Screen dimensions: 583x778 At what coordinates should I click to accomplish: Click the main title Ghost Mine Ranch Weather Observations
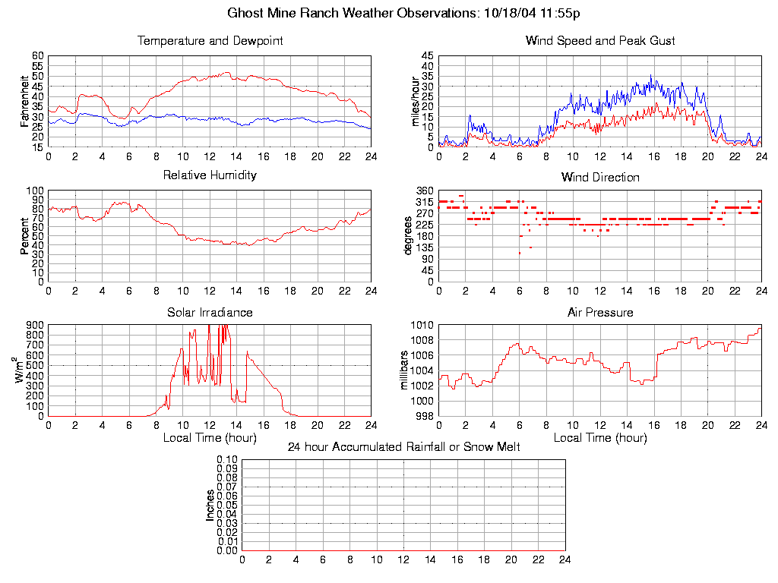tap(404, 13)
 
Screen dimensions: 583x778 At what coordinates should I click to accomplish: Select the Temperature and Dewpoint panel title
tap(210, 41)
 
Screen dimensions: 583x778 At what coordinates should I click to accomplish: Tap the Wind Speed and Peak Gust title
tap(600, 41)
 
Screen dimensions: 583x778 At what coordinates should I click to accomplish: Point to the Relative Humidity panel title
tap(210, 175)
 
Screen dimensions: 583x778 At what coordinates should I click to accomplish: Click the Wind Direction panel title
tap(600, 178)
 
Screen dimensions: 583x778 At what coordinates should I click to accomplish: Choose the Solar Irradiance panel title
tap(210, 313)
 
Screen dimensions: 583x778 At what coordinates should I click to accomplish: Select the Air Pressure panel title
tap(600, 313)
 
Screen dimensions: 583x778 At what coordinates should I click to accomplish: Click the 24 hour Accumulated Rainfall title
tap(403, 447)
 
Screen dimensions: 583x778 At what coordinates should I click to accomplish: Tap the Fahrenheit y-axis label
tap(25, 100)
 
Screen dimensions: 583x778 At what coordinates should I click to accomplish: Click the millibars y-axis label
tap(405, 370)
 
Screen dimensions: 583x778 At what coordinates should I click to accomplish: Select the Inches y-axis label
tap(210, 505)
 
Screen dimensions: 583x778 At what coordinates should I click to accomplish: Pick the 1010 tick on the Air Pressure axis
tap(422, 325)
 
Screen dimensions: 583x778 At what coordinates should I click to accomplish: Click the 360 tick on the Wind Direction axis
tap(425, 191)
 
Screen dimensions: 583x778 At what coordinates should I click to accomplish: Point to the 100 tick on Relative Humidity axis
tap(36, 191)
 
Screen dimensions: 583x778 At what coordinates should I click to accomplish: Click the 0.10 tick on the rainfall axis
tap(227, 459)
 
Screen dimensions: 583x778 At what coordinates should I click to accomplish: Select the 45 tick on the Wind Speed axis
tap(428, 56)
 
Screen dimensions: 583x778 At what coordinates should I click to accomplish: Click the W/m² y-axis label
tap(21, 370)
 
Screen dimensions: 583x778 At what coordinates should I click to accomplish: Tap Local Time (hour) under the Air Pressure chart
tap(600, 438)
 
